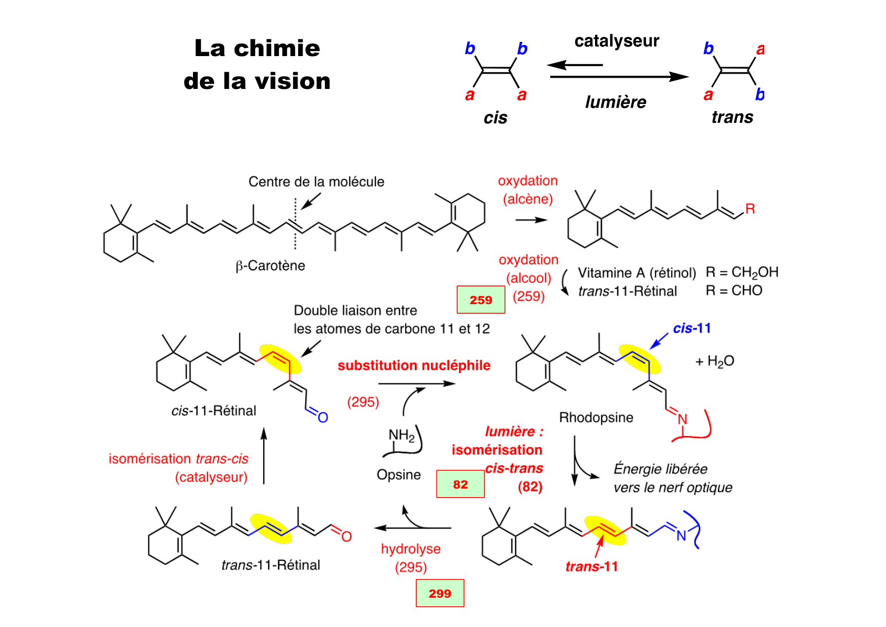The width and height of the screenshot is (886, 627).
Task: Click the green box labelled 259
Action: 480,300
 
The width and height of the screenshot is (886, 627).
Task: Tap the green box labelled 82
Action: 460,484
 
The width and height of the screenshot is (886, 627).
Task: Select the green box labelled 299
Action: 439,593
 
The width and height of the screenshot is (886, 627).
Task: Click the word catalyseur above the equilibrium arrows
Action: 616,41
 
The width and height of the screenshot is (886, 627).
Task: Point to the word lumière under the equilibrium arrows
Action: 615,102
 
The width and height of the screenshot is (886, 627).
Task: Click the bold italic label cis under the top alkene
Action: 495,118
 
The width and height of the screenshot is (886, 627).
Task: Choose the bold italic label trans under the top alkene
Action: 732,117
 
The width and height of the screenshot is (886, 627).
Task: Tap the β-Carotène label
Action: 270,266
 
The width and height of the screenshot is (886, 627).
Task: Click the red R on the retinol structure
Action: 750,209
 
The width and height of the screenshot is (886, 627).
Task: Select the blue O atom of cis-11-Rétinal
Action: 323,417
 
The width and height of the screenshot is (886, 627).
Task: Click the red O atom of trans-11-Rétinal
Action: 347,537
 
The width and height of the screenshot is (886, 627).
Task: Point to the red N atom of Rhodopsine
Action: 682,419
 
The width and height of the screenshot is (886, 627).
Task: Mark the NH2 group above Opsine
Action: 402,436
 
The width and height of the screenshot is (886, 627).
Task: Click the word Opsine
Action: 399,475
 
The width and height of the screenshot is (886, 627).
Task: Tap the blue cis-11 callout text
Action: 692,328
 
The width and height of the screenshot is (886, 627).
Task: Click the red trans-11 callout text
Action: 592,567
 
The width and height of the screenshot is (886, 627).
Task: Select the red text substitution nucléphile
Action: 414,365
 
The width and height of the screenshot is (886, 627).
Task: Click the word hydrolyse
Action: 411,549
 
